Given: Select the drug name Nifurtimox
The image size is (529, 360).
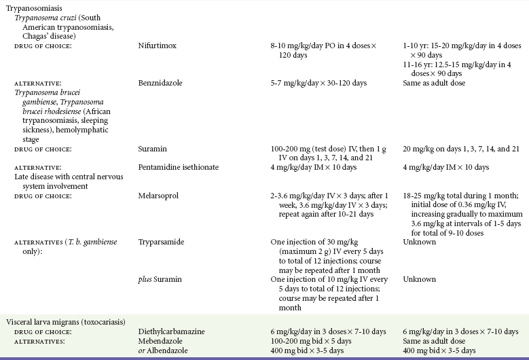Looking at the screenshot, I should coord(159,46).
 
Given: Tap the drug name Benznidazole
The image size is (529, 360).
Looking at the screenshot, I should coord(163,83).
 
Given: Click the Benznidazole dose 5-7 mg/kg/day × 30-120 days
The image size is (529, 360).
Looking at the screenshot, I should coord(318,83).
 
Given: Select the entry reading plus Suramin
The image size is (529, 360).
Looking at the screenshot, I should coord(160,279).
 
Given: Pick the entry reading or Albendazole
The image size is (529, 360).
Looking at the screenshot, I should coord(165,350).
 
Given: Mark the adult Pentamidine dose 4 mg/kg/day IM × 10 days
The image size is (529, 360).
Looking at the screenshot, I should coord(314,166).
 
